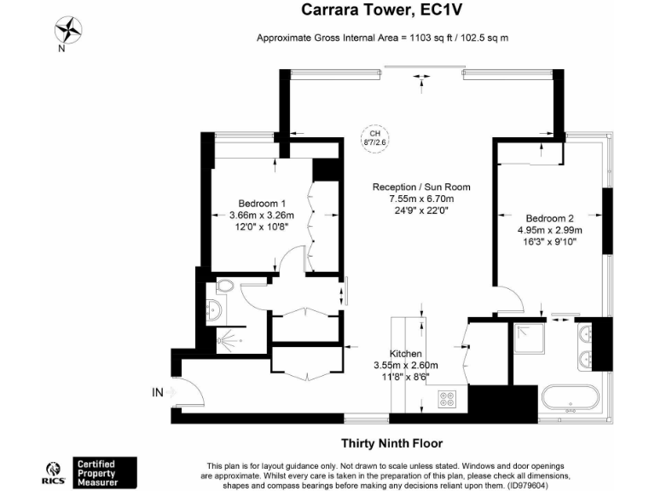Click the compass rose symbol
point(67,32)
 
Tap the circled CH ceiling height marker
point(373,138)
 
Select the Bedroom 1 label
point(262,204)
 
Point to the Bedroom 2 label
point(549,217)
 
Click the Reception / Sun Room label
point(421,188)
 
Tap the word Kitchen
point(406,354)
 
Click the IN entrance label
point(157,393)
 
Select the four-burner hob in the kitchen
point(449,397)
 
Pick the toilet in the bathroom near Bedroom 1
point(225,286)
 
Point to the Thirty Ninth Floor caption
point(391,442)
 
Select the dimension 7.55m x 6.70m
point(421,199)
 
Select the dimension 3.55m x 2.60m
point(406,365)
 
